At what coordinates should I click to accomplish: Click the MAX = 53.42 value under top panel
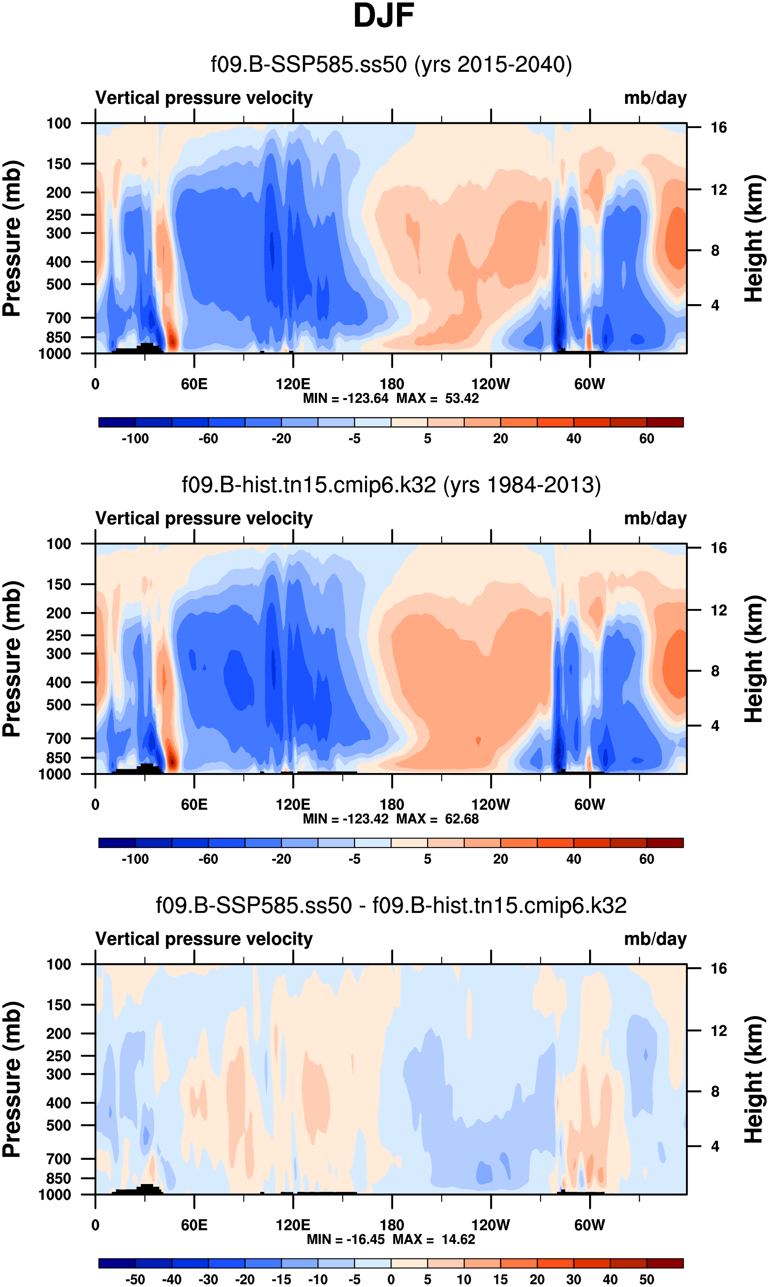[438, 398]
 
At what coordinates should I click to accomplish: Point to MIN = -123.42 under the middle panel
[346, 819]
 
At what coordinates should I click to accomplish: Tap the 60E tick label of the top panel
[194, 384]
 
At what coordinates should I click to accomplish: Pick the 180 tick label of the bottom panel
[392, 1225]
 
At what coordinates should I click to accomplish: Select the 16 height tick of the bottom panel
[718, 969]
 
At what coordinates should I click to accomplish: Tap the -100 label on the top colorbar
[135, 439]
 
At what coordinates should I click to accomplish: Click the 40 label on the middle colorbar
[574, 859]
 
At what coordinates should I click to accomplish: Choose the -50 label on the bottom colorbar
[135, 1279]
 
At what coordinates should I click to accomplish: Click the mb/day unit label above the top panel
[655, 98]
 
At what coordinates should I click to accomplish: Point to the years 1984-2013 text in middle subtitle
[522, 485]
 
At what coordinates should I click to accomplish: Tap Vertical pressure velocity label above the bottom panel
[204, 939]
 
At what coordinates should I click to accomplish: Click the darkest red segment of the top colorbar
[665, 422]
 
